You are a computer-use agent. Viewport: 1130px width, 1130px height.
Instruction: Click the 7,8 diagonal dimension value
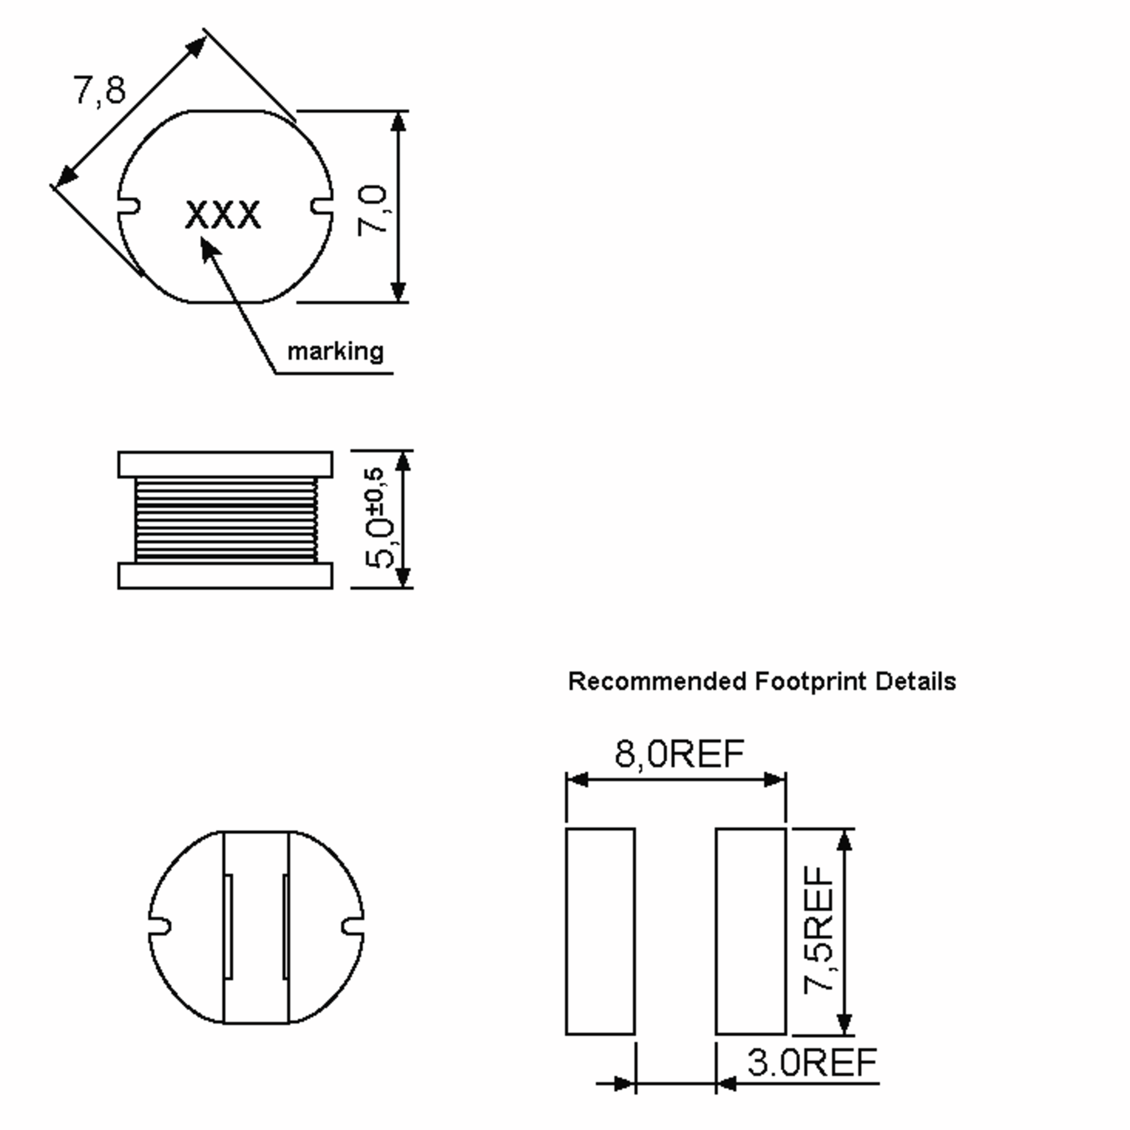(x=99, y=91)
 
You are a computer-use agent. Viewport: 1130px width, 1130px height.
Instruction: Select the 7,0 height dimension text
(x=372, y=210)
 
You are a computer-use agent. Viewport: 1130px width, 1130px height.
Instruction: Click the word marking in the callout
(x=335, y=352)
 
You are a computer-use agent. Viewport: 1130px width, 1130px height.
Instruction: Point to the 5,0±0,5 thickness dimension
(x=376, y=517)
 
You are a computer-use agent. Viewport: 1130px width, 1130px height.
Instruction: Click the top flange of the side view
(x=225, y=464)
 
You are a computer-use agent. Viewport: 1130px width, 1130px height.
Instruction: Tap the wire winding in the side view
(x=225, y=520)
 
